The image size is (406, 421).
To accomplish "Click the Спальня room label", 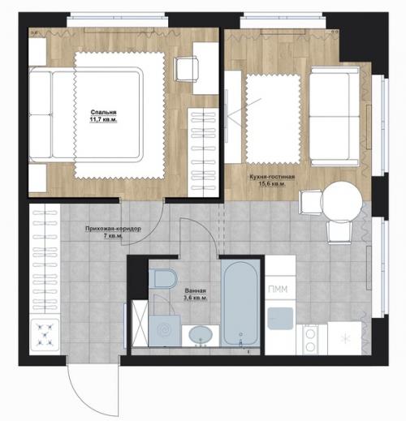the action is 103,112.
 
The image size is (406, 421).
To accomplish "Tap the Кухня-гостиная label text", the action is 272,177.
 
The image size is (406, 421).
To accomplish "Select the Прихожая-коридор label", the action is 113,229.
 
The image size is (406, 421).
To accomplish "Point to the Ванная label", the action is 196,290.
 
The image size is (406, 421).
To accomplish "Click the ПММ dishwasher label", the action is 278,290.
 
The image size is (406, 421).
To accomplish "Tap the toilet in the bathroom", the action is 163,278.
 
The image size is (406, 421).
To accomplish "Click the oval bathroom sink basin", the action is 201,335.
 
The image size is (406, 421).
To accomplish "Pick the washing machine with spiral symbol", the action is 165,330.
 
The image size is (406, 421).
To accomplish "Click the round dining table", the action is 342,202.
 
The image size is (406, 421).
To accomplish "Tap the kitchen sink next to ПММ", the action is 280,318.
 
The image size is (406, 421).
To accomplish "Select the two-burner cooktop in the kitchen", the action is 311,340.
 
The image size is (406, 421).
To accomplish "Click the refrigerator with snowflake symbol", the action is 345,338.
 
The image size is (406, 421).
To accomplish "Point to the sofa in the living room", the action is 335,116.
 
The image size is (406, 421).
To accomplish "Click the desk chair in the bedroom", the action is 187,69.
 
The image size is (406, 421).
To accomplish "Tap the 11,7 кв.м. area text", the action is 103,119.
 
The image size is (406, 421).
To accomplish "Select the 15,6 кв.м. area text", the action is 272,184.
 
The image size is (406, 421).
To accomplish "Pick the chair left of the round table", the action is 311,202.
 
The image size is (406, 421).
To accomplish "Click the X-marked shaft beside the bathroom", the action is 140,323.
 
